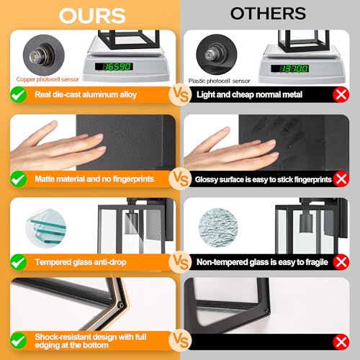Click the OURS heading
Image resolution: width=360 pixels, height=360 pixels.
coord(92,16)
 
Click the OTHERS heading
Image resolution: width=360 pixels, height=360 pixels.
coord(268,14)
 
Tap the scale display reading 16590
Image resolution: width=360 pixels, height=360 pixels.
coord(114,66)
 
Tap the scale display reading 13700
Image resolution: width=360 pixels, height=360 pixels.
coord(289,68)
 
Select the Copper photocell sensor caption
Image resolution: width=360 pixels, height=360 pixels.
coord(48,79)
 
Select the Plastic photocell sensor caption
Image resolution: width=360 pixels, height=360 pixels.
coord(219,81)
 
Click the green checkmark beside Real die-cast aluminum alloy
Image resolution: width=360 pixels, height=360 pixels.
coord(19,94)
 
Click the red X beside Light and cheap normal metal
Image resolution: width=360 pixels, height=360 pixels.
coord(341,95)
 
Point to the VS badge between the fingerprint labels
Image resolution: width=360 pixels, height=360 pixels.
coord(181,179)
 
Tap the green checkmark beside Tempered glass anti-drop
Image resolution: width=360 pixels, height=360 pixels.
coord(19,262)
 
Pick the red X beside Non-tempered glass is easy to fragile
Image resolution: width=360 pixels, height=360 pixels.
coord(341,262)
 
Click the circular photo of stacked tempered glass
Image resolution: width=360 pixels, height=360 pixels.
coord(46,228)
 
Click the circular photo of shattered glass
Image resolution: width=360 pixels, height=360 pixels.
coord(218,228)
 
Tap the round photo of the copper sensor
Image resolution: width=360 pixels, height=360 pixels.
coord(44,55)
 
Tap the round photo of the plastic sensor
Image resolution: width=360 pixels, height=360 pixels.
coord(217,54)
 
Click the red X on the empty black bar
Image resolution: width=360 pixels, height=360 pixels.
coord(341,342)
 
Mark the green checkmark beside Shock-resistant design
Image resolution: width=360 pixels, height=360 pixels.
coord(19,341)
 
